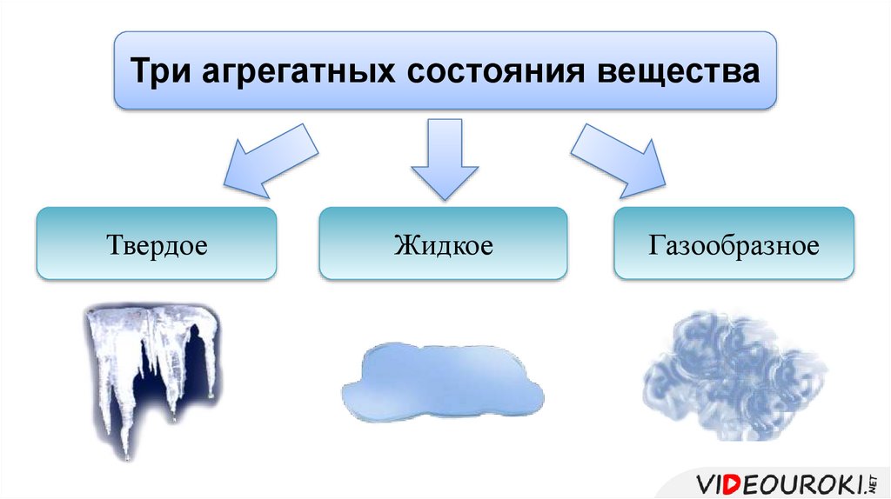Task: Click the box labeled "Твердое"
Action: point(157,243)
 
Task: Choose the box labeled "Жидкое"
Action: point(443,243)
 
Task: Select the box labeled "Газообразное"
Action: point(733,243)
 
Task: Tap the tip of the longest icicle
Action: point(129,455)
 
